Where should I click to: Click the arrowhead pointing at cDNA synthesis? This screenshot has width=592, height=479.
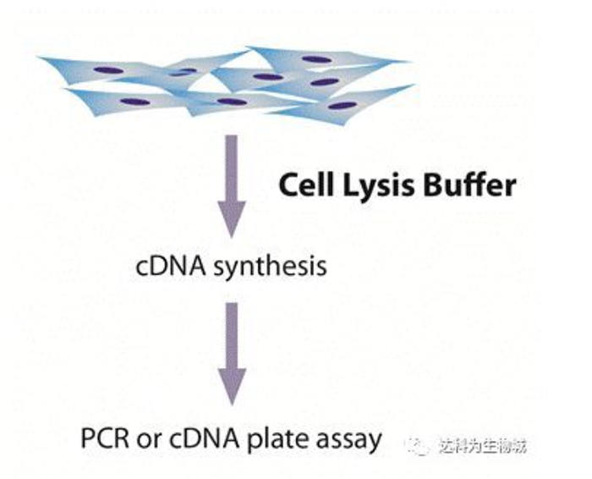pos(232,222)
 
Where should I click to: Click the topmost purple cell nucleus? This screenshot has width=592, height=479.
pos(315,60)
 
